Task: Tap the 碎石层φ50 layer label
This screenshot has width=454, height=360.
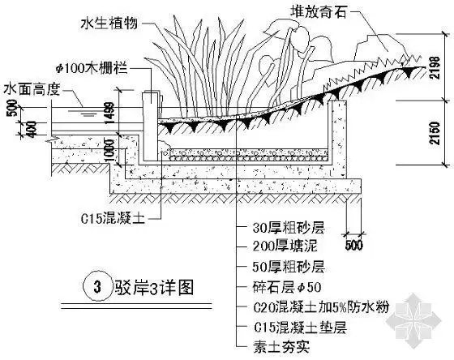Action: [276, 286]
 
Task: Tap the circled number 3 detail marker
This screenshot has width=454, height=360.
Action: [97, 285]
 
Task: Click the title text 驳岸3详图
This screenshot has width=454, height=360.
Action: [149, 286]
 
